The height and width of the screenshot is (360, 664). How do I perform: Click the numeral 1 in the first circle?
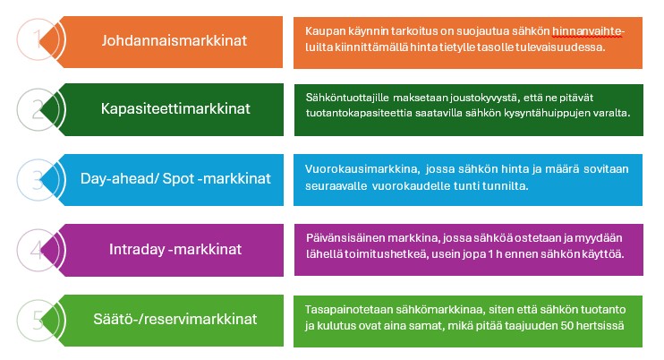pyautogui.click(x=36, y=40)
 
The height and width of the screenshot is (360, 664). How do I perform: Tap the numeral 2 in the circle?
pyautogui.click(x=37, y=109)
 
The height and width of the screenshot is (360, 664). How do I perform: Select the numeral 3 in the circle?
pyautogui.click(x=37, y=179)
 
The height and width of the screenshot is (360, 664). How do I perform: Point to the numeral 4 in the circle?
pyautogui.click(x=37, y=249)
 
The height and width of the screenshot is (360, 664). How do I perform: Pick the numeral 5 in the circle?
pyautogui.click(x=37, y=319)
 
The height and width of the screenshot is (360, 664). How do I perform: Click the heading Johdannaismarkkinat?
pyautogui.click(x=175, y=40)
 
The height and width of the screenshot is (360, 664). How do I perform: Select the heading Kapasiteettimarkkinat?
pyautogui.click(x=175, y=109)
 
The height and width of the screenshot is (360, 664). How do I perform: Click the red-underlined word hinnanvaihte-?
pyautogui.click(x=589, y=32)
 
